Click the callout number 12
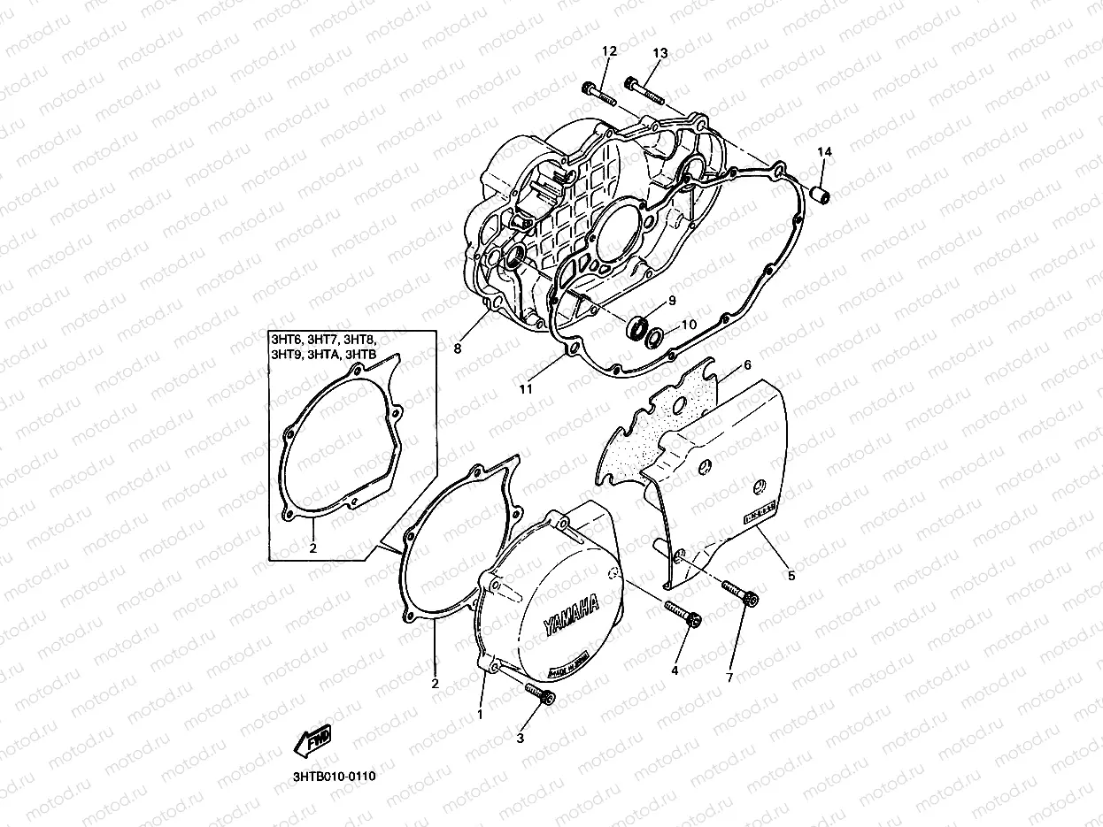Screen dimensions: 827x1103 coord(608,52)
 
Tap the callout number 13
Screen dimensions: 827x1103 coord(659,52)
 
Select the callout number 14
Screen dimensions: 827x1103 coord(824,152)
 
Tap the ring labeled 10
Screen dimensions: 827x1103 coord(656,337)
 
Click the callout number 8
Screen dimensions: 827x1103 coord(458,348)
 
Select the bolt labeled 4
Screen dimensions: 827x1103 coord(682,612)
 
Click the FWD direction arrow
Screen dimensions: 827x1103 coord(314,739)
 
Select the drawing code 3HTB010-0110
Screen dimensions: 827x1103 coord(334,777)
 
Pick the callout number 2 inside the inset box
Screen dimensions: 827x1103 coord(312,548)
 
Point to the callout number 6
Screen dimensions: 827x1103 coord(747,364)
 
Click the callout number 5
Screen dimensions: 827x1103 coord(791,575)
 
